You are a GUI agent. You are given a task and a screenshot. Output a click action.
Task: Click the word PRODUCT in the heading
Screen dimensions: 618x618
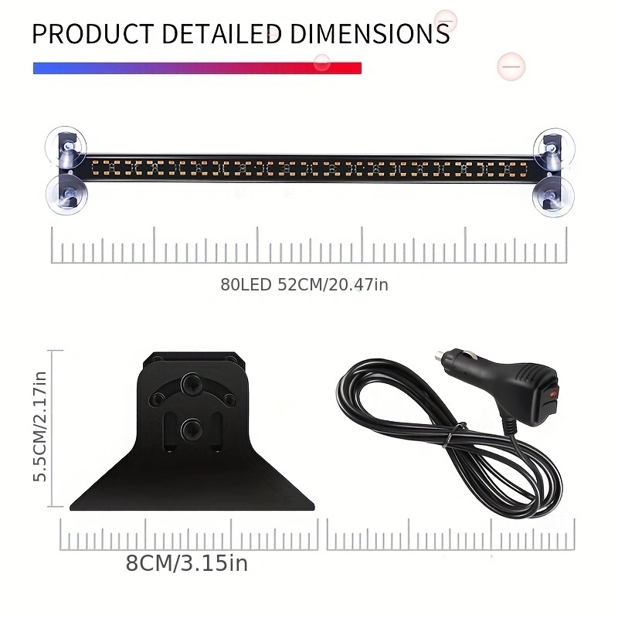click(x=93, y=34)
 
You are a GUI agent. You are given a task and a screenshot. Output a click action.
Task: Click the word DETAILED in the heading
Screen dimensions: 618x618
click(x=222, y=34)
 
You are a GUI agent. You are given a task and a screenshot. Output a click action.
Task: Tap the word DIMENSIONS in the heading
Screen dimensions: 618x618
click(x=370, y=34)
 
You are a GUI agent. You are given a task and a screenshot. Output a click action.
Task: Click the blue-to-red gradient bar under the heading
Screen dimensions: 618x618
click(x=197, y=68)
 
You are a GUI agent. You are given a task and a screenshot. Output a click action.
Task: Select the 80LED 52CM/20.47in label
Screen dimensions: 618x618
click(x=304, y=284)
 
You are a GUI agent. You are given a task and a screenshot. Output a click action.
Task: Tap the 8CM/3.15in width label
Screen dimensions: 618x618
click(x=187, y=563)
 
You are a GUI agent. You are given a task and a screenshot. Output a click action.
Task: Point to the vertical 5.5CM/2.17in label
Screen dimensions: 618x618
click(x=40, y=426)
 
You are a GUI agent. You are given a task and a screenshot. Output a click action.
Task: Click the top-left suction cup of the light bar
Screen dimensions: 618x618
click(x=66, y=147)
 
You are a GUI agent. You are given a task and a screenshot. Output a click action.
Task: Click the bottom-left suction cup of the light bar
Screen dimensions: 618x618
click(x=66, y=195)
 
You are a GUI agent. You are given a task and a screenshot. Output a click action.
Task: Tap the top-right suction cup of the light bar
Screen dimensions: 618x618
click(x=554, y=148)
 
